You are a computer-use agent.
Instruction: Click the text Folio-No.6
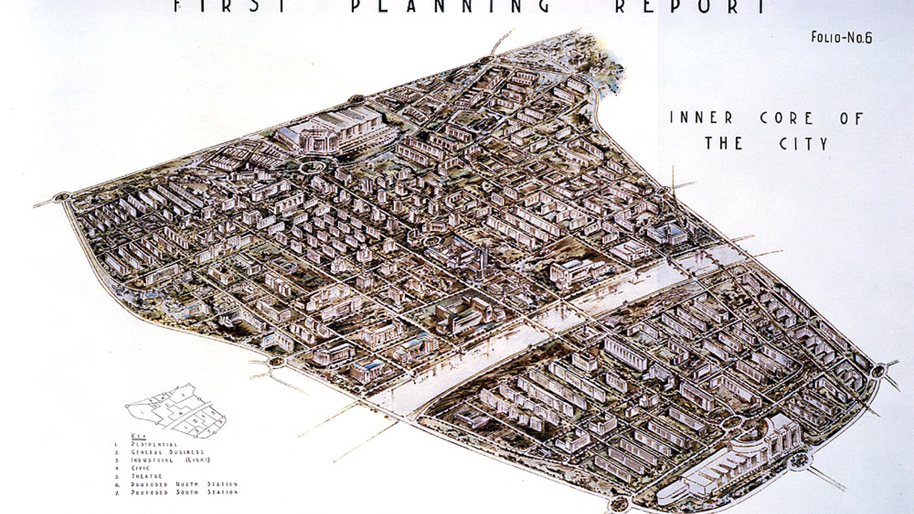click(841, 38)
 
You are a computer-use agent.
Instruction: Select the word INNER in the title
click(701, 118)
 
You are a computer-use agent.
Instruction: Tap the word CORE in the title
click(786, 118)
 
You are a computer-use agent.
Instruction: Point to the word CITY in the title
click(803, 143)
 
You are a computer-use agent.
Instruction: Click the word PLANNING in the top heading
click(451, 6)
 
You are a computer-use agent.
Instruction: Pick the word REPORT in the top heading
click(690, 6)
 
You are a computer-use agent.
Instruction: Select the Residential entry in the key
click(154, 444)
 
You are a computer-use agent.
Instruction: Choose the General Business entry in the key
click(167, 452)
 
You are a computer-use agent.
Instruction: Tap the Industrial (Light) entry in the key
click(170, 460)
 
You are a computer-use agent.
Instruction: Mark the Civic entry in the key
click(141, 468)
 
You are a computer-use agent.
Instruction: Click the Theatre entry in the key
click(147, 476)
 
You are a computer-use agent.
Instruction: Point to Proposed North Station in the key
click(184, 484)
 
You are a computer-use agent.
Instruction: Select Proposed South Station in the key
click(184, 492)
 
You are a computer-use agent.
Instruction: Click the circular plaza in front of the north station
click(312, 167)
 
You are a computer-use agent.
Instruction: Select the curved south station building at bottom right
click(737, 463)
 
